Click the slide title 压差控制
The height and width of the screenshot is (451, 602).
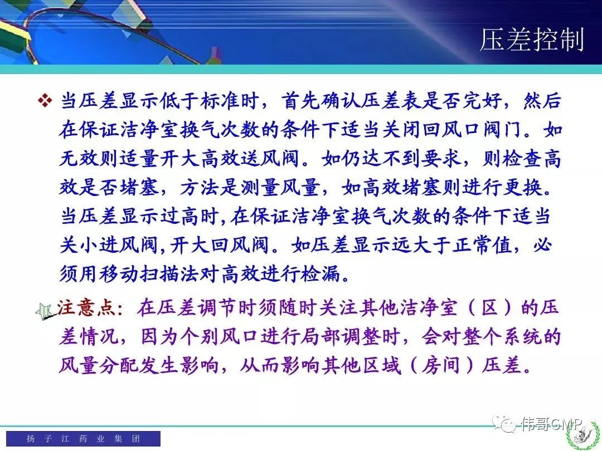tap(532, 39)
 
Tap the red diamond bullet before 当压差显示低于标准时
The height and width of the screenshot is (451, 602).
tap(45, 101)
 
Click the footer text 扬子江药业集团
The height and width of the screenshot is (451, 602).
tap(83, 438)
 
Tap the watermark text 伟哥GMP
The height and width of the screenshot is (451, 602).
tap(551, 424)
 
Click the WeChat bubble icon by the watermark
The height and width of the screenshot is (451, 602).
tap(504, 423)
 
